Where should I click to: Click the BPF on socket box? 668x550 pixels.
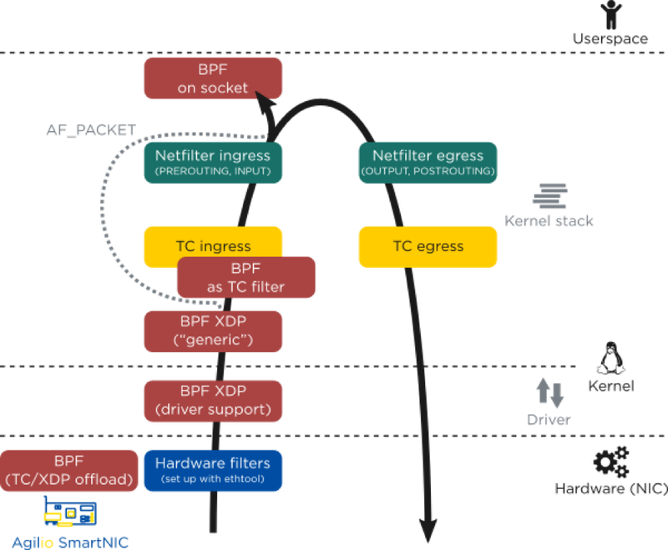213,78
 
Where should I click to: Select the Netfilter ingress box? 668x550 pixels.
213,162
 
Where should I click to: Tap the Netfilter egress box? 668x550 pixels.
428,162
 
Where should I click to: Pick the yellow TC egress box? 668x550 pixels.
428,246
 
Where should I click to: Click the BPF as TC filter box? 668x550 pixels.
246,278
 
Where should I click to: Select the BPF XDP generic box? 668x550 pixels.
213,331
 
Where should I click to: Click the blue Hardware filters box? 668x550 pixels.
213,470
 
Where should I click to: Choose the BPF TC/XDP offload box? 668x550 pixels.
69,470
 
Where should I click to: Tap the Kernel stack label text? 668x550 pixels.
549,220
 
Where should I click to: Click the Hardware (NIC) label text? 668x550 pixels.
610,488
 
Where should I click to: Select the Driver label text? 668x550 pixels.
549,419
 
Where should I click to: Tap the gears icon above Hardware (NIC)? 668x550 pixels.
610,462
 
